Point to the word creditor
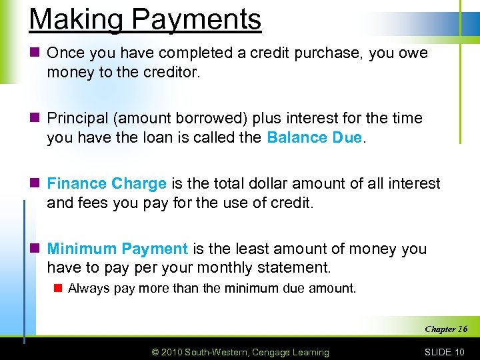tap(170, 72)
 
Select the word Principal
tap(76, 118)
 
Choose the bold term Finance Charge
tap(107, 183)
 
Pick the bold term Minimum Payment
tap(117, 249)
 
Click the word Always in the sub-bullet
tap(88, 289)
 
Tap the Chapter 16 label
tap(446, 329)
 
